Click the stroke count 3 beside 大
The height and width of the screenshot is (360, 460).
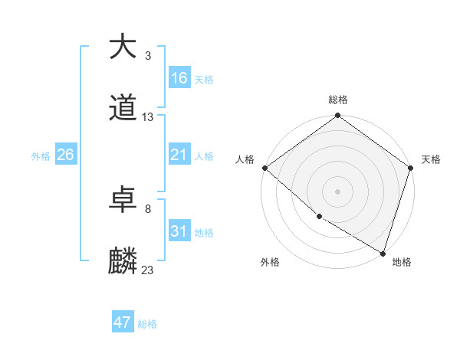pos(148,56)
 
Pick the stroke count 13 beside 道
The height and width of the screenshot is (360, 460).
pos(148,117)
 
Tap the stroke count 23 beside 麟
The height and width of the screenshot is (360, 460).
pos(148,270)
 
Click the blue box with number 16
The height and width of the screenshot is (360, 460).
pos(179,78)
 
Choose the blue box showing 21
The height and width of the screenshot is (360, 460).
pos(179,155)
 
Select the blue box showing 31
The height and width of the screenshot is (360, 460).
pos(179,231)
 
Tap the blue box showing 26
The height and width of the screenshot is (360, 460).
pos(65,155)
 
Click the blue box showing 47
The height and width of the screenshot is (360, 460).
pos(123,322)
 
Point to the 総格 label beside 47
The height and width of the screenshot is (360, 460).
pos(147,324)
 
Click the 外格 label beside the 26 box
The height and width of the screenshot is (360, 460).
pos(41,155)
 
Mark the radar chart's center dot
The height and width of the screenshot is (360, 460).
pos(337,191)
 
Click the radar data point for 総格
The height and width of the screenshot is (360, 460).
pos(337,116)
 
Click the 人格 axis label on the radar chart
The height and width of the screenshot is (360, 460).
pos(245,159)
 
